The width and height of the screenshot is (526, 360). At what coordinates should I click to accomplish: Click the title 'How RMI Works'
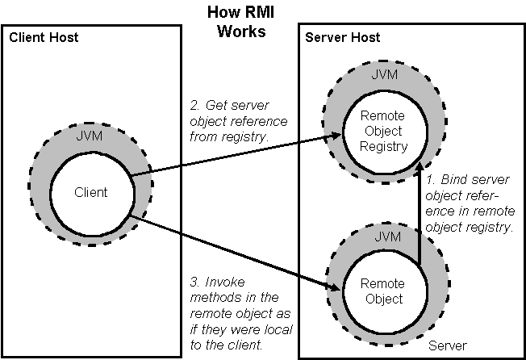click(241, 22)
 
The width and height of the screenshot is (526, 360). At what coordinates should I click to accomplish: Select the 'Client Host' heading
click(44, 37)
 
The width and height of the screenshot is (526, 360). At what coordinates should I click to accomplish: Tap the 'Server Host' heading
click(343, 37)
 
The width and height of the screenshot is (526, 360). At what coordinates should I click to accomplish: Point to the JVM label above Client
click(90, 136)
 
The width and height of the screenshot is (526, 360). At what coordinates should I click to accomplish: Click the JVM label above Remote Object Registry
click(385, 74)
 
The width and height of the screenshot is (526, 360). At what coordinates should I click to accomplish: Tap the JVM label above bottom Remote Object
click(388, 237)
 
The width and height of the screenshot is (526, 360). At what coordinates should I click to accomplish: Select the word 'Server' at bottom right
click(448, 345)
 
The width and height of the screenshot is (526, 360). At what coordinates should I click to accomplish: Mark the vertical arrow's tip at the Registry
click(419, 162)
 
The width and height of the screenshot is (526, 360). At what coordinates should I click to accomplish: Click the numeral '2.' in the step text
click(195, 106)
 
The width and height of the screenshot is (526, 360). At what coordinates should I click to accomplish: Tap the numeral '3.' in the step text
click(195, 283)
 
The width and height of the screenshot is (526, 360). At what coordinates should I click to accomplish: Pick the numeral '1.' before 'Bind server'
click(431, 180)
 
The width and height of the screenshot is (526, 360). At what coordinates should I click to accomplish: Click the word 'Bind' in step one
click(453, 180)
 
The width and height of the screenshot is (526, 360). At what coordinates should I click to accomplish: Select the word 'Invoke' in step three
click(225, 283)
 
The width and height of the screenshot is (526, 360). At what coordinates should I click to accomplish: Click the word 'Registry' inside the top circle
click(383, 147)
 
